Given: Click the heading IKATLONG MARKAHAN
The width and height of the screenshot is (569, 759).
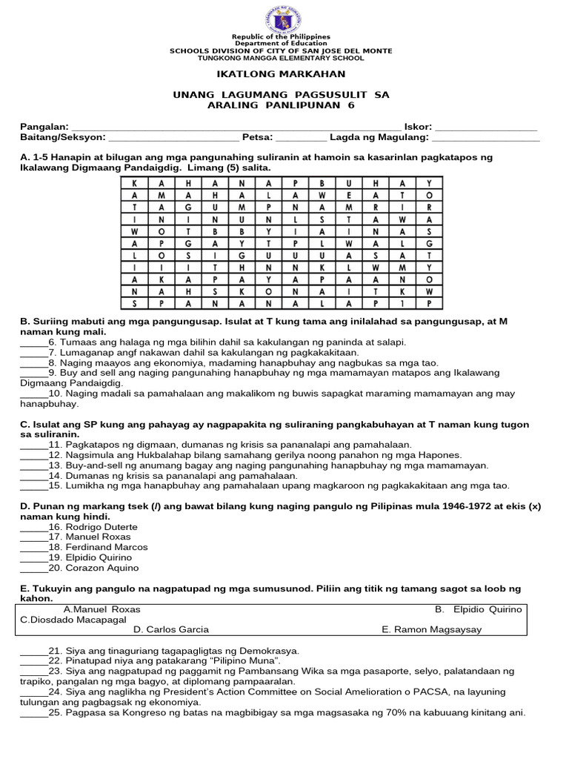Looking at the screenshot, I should point(281,74).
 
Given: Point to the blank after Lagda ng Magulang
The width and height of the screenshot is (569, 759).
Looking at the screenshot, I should point(486,138).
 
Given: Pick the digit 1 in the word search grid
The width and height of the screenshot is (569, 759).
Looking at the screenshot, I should point(402,303).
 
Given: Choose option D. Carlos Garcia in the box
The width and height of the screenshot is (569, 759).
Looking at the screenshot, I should point(171,629).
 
